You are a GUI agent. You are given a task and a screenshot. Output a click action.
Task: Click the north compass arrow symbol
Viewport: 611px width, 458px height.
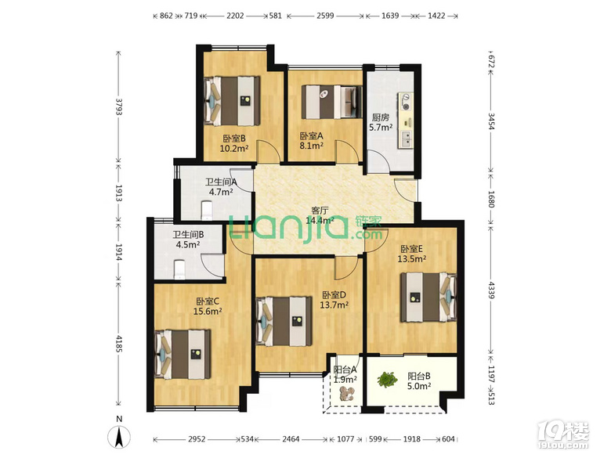pos(119,437)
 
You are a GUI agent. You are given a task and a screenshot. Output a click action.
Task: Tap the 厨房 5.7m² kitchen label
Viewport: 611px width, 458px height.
pos(381,122)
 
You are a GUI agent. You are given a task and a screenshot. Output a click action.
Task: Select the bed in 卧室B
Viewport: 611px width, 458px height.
pos(232,101)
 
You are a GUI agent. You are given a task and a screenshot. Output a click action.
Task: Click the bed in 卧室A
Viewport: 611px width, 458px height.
pos(331,102)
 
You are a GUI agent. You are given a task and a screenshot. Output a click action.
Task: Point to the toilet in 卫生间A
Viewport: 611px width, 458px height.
pos(207,211)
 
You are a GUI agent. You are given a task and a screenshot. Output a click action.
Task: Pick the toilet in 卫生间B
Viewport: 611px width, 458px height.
pos(179,269)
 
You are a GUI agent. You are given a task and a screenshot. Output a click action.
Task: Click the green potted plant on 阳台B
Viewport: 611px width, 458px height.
pos(387,380)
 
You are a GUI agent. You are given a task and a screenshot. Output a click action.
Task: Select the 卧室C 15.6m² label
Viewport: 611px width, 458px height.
pos(208,306)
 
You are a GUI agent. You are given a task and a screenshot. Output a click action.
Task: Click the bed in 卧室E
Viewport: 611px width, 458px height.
pos(428,298)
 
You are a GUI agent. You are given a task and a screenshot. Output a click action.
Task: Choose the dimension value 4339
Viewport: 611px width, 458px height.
pos(491,290)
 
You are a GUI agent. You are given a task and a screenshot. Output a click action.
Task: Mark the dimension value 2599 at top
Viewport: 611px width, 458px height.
pos(325,16)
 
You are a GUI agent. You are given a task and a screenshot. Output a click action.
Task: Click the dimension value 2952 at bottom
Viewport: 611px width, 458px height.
pos(197,439)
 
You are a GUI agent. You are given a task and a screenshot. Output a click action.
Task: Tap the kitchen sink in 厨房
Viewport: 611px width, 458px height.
pos(406,139)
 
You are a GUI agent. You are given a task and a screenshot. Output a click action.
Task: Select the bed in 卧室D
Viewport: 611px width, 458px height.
pos(284,321)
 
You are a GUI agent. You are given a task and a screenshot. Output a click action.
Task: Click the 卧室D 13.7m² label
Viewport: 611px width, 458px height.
pos(334,300)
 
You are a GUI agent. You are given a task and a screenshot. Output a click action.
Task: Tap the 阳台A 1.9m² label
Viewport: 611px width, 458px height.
pos(345,374)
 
